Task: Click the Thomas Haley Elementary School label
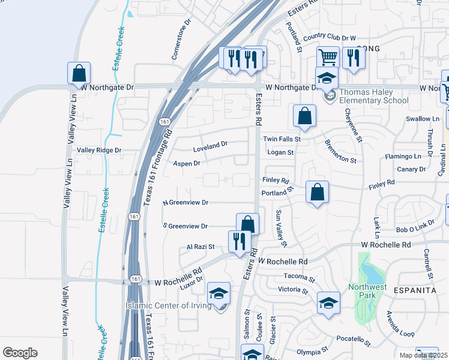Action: pos(366,96)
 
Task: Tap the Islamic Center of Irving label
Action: pos(168,306)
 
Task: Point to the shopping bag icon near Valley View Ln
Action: pos(79,73)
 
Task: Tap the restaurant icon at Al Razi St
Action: pos(240,242)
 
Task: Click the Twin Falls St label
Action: pos(282,139)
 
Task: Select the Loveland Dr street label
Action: pos(210,144)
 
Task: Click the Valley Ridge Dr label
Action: pos(99,150)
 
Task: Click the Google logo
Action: pos(20,353)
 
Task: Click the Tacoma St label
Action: pos(300,278)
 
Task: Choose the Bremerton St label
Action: pos(340,152)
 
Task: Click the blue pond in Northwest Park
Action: pos(372,274)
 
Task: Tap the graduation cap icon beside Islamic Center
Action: pos(219,293)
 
